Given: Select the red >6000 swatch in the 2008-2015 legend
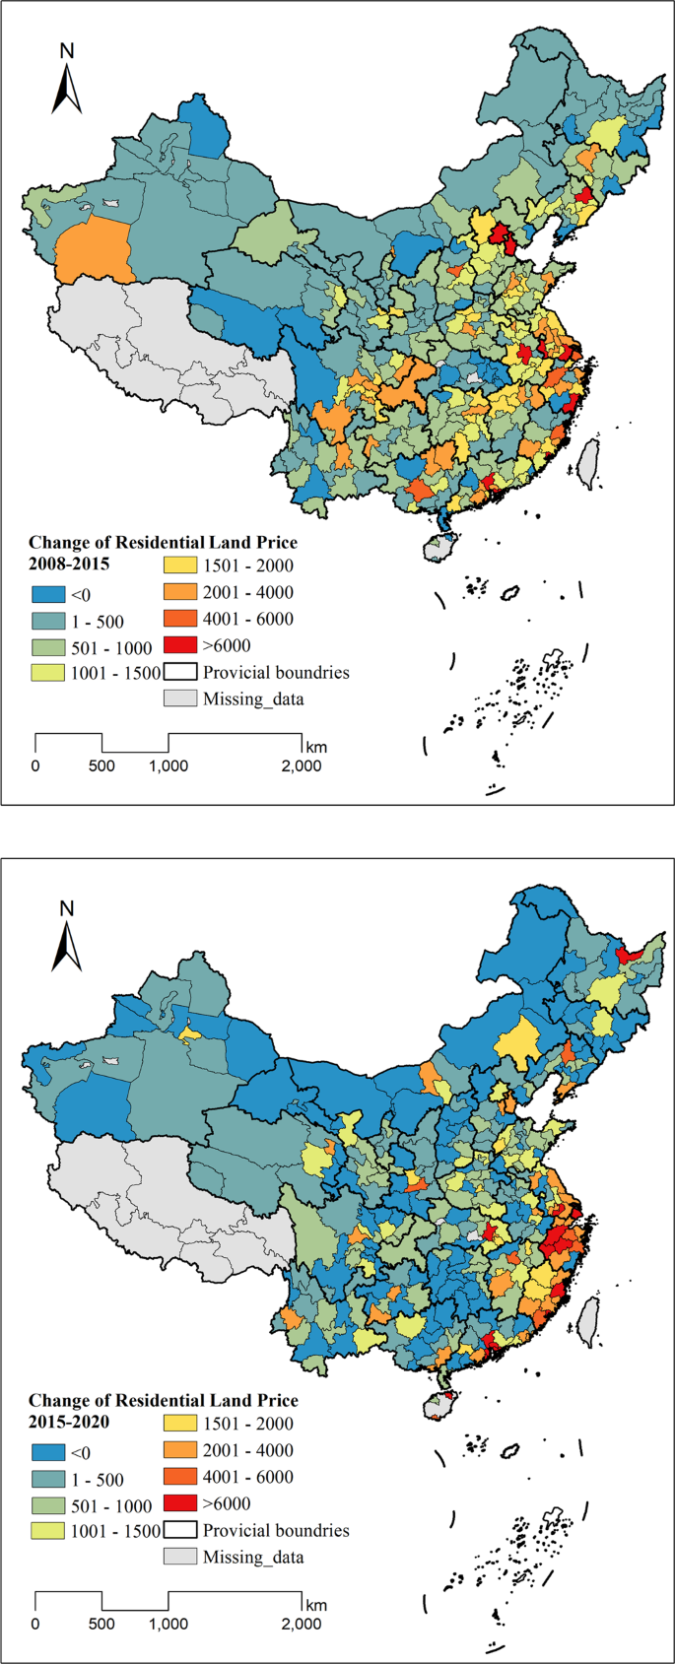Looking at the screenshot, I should point(180,645).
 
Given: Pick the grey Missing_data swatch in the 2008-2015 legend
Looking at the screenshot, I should point(180,699).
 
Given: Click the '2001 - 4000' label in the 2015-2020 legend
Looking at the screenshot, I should point(247,1450).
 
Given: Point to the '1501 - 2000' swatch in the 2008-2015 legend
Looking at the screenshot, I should point(180,566).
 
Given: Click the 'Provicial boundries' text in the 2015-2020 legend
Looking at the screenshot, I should point(276,1530).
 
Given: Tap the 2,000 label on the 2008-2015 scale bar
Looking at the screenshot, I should point(301,765).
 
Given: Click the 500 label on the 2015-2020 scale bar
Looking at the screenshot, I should point(101,1624).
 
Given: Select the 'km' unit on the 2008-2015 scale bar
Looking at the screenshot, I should point(316,746).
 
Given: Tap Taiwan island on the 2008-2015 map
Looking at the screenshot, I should point(587,463).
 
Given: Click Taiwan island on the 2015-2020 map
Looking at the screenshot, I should point(587,1321).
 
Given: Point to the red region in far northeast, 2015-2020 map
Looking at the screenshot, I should point(629,953).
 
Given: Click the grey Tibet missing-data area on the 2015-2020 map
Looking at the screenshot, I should point(168,1197).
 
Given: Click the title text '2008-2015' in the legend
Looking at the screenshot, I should point(69,565).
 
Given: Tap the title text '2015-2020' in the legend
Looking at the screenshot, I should point(69,1423).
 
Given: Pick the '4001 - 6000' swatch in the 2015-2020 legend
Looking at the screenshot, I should point(180,1477).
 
